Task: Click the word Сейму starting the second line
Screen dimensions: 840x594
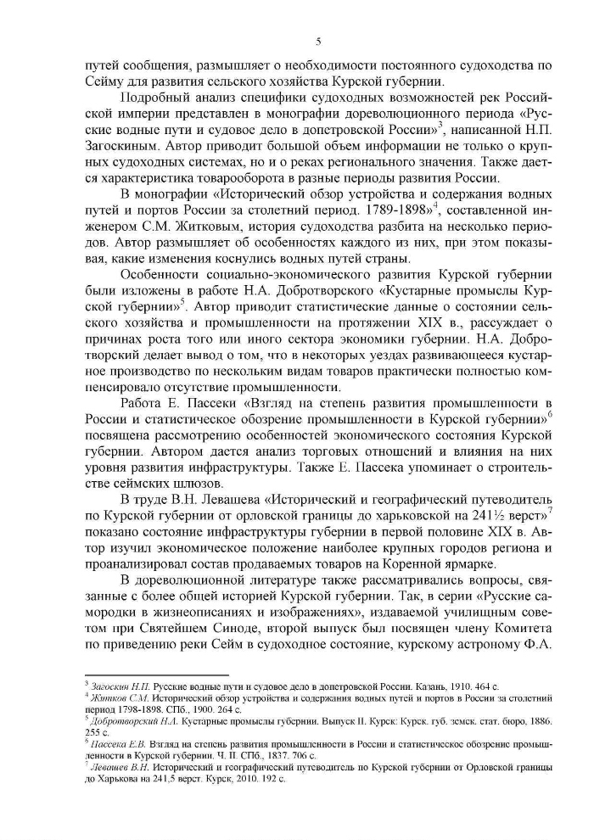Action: pyautogui.click(x=104, y=82)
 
